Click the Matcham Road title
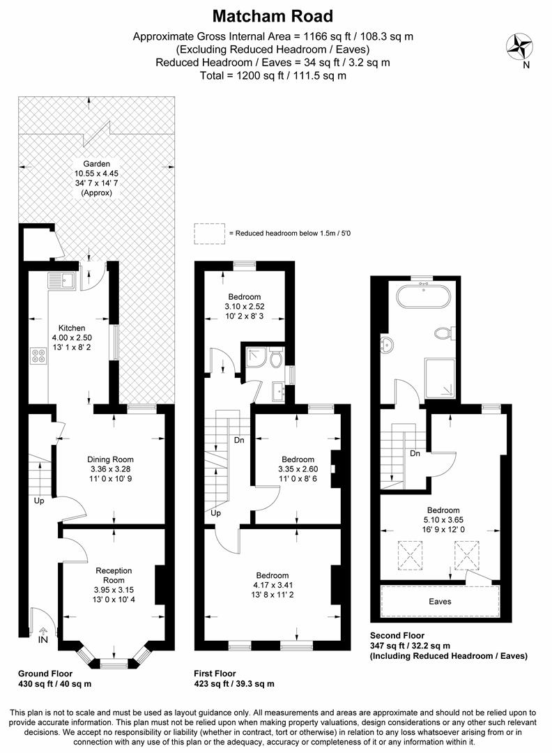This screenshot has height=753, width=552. (x=273, y=16)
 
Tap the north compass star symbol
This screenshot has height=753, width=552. (x=520, y=47)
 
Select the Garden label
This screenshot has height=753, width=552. (x=96, y=164)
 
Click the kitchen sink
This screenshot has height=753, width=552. (x=60, y=280)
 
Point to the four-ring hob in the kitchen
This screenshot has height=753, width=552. (x=38, y=356)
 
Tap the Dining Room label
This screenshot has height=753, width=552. (x=110, y=459)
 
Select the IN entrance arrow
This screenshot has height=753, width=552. (x=43, y=630)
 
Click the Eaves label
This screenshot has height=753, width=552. (x=440, y=601)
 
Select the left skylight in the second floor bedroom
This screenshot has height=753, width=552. (x=411, y=555)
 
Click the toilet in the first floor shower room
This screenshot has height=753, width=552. (x=275, y=358)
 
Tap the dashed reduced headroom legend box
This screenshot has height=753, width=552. (x=210, y=234)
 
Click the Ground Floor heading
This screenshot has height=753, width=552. (x=45, y=674)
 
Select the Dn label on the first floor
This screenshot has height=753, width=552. (x=239, y=440)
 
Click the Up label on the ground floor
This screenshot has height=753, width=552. (x=39, y=501)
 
